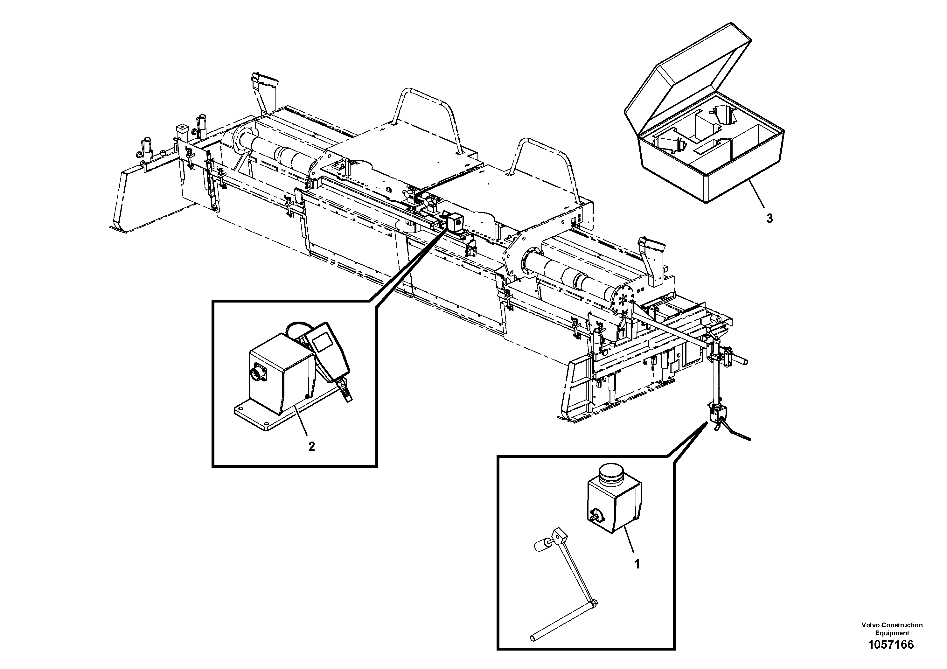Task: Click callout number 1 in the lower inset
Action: coord(637,564)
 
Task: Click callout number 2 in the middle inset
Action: coord(311,446)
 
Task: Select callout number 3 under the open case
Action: coord(769,219)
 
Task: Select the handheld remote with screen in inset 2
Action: coord(328,351)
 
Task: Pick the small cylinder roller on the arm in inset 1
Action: coord(541,547)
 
